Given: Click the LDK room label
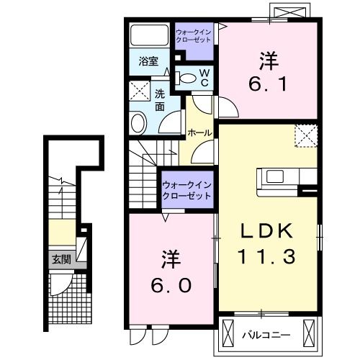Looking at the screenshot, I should point(266,232).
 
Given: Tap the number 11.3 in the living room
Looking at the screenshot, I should point(266,255).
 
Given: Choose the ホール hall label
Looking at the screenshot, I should point(199,132).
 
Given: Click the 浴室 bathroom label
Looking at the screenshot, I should point(148,63).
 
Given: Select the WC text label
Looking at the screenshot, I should point(204,77).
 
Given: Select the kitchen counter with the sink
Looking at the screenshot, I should point(284,176).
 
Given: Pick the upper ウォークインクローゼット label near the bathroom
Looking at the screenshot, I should point(195,36).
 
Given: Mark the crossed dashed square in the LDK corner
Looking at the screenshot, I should point(306,135).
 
